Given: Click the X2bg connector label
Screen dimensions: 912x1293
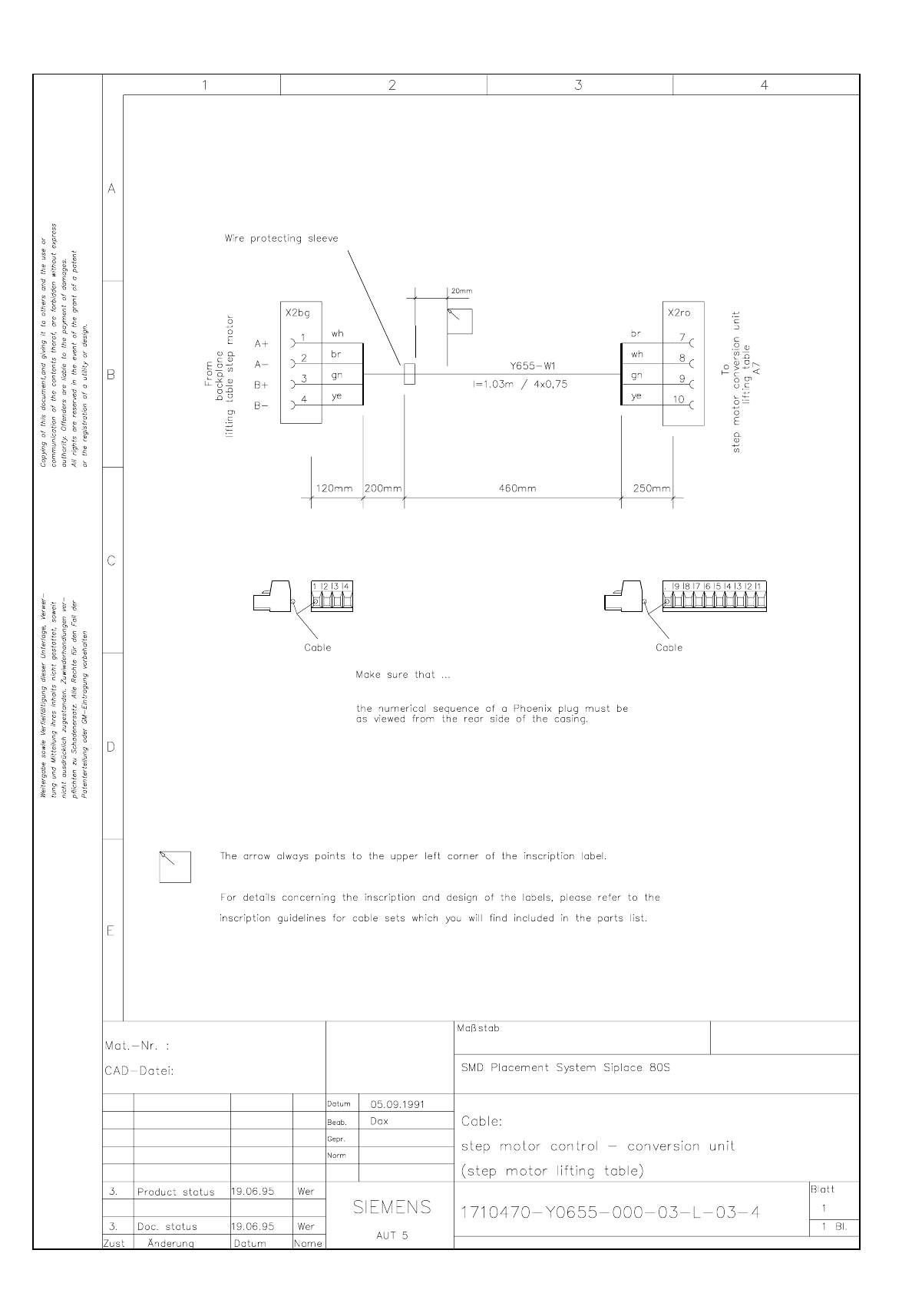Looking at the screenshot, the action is (x=297, y=313).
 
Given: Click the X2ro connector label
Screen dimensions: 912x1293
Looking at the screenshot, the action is (x=679, y=313).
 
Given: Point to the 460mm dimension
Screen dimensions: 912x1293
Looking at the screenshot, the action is (x=517, y=488).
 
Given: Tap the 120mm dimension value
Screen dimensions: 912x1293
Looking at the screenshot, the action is (x=334, y=488).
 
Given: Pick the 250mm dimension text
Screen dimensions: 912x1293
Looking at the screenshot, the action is (x=651, y=488).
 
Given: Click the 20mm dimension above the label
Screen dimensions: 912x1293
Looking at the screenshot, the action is (x=461, y=292).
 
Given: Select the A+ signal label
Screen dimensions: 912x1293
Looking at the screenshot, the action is (x=262, y=344).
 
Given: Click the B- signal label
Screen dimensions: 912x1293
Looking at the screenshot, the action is (x=262, y=405).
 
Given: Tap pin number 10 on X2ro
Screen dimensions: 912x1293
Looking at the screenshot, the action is (x=679, y=399).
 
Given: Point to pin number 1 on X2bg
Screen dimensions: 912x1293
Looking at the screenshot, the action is (x=304, y=337).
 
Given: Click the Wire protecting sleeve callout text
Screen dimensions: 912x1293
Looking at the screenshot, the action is (x=281, y=239).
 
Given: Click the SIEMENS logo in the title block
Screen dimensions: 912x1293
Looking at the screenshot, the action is (x=392, y=1208).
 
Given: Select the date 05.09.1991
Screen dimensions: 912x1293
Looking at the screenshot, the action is (x=398, y=1104).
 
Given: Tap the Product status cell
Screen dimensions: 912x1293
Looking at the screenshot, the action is (x=176, y=1192).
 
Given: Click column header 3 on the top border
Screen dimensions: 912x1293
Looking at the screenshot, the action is (x=578, y=85).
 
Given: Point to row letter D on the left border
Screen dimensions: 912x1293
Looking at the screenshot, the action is (x=111, y=746).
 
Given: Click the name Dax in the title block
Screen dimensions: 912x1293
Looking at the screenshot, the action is (x=379, y=1121).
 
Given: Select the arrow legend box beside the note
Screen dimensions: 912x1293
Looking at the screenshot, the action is (x=175, y=867).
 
